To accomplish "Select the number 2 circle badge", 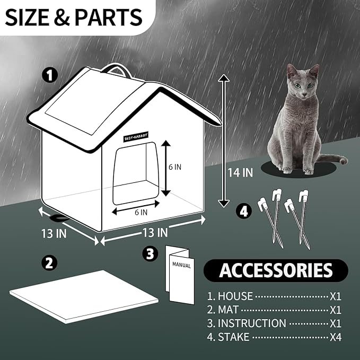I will [49, 262].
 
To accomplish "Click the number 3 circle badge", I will [151, 253].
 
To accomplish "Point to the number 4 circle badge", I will [243, 211].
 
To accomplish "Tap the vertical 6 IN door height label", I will [175, 166].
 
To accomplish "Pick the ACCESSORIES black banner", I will [276, 270].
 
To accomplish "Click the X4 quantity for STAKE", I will [336, 337].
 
